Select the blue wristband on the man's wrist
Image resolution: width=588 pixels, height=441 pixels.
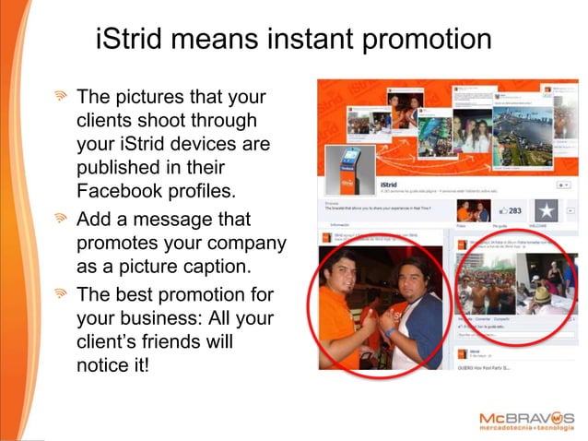[x=392, y=331]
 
